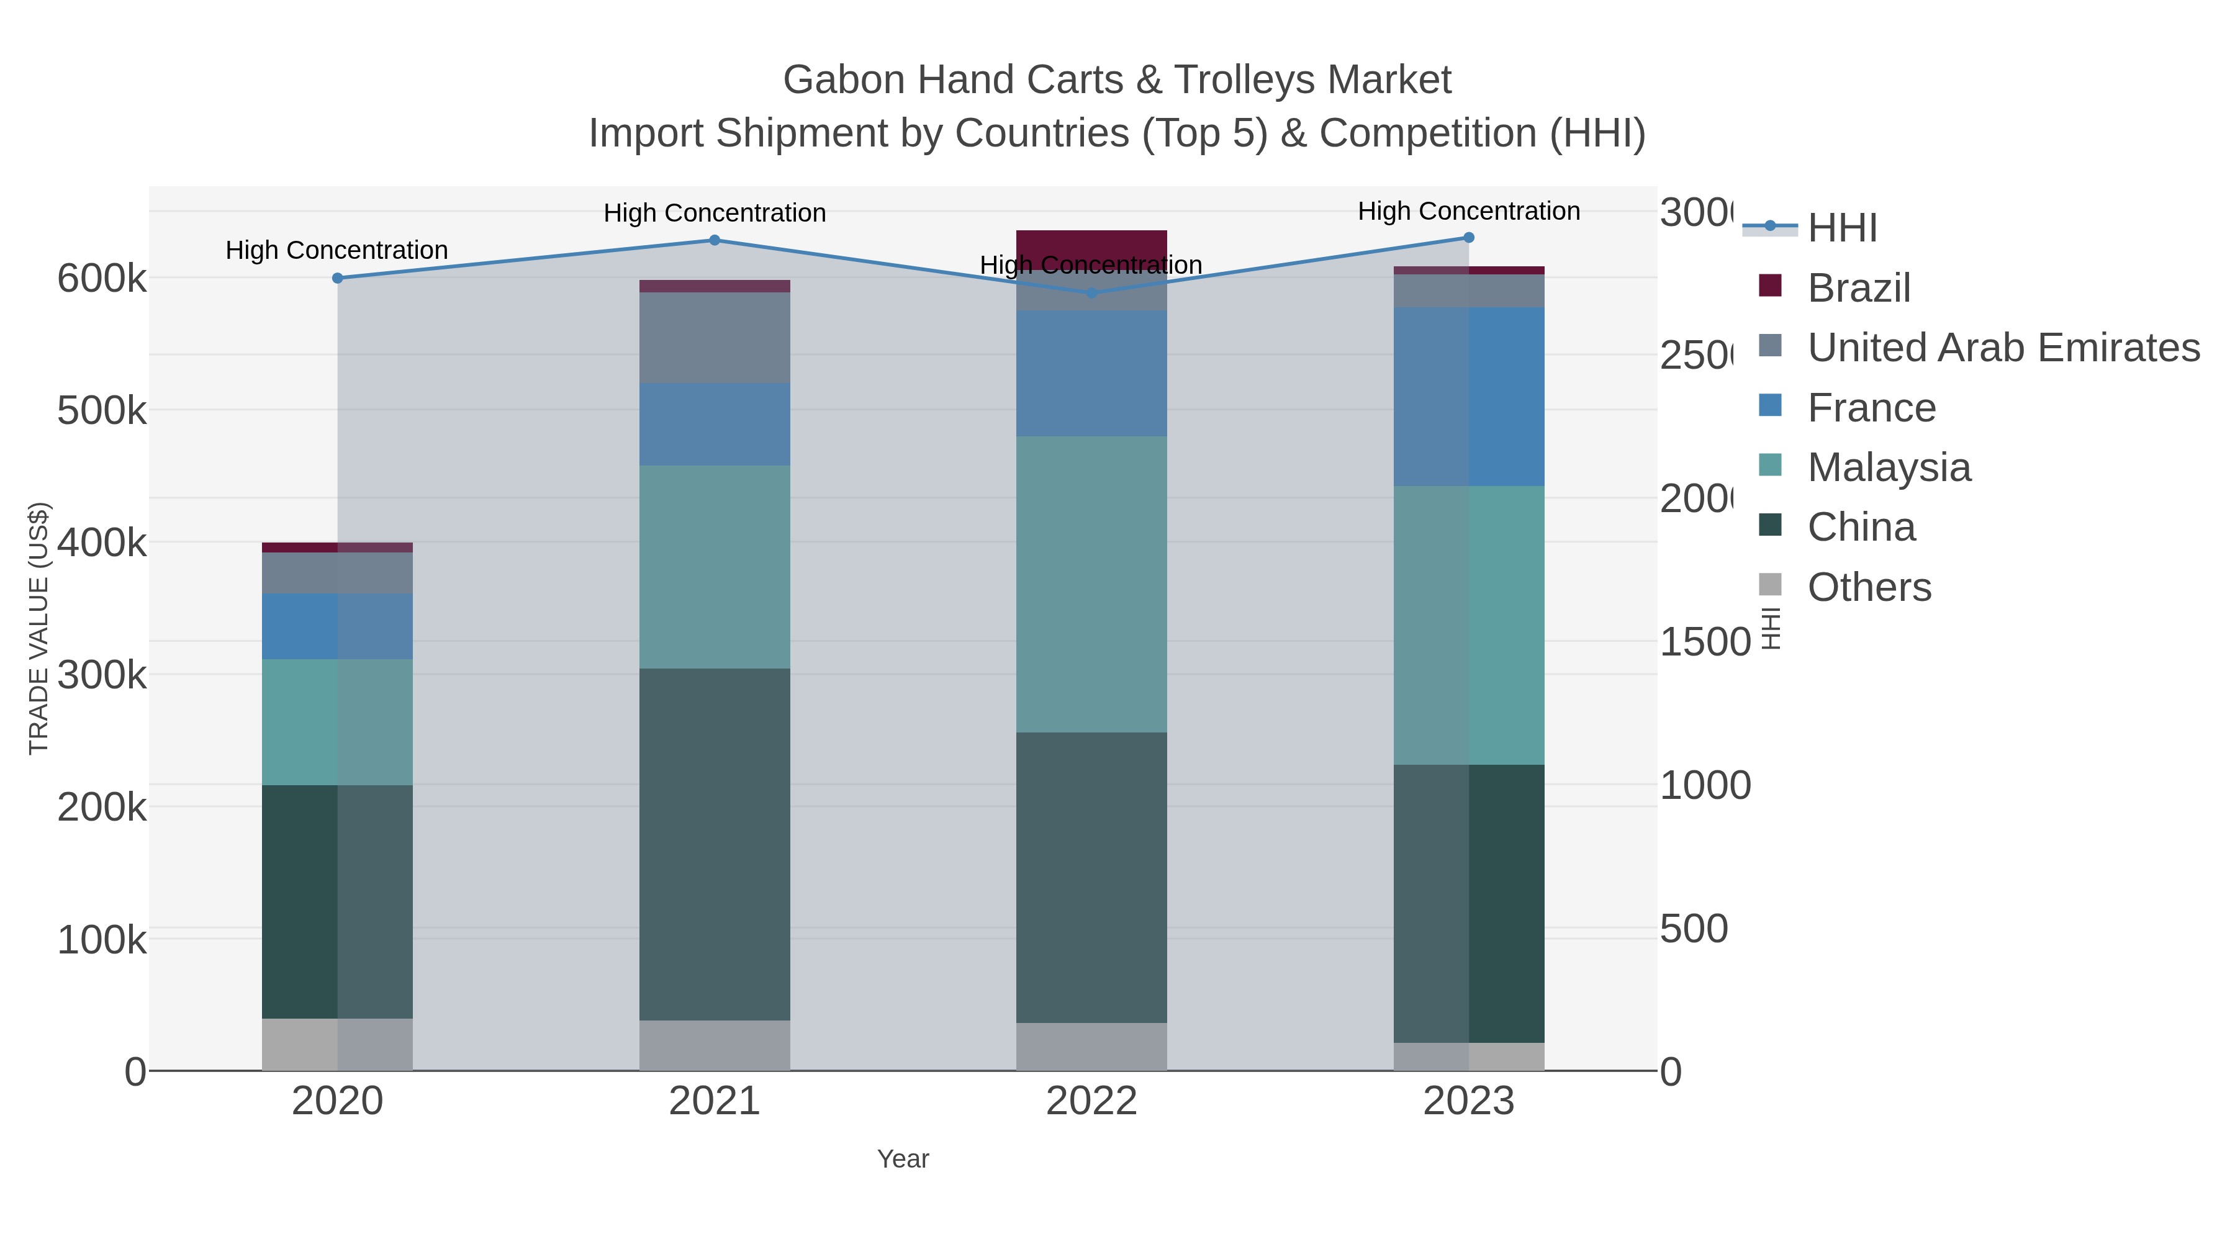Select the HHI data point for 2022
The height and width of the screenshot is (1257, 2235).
click(1091, 293)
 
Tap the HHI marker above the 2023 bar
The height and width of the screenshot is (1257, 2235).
click(1468, 238)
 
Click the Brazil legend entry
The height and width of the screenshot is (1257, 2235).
click(1858, 288)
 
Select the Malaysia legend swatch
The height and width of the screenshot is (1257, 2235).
click(1770, 465)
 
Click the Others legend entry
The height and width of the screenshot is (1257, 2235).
click(1869, 587)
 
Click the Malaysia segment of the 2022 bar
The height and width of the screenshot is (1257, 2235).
click(1091, 584)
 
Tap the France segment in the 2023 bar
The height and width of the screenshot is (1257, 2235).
click(1468, 397)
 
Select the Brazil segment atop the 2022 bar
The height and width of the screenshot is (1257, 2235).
click(1091, 242)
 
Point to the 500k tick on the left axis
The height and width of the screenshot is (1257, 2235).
click(102, 411)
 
